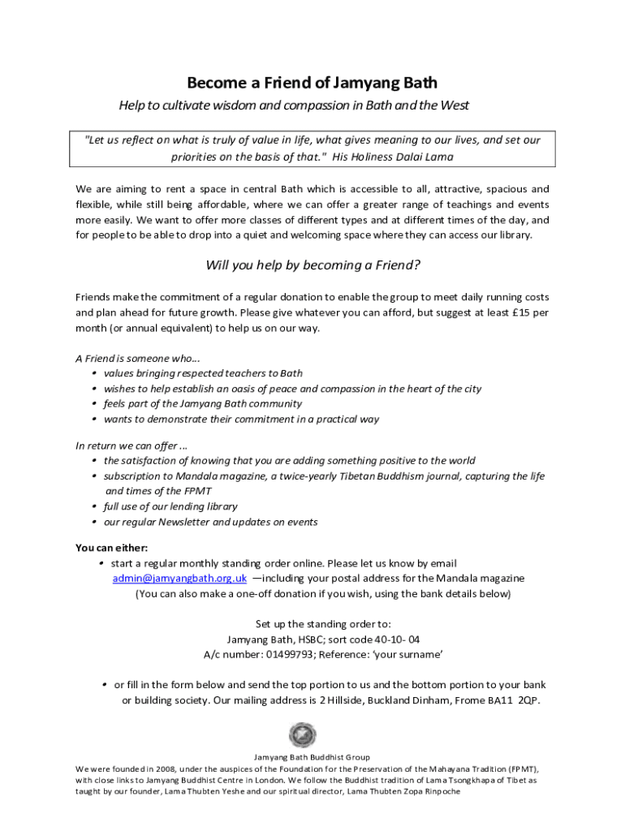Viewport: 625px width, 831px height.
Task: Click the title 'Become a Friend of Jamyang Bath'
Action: tap(312, 83)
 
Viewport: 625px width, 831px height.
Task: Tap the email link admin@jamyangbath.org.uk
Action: tap(179, 579)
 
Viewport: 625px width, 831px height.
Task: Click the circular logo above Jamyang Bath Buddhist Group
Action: tap(302, 736)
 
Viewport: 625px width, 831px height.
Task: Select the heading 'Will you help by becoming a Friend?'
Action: tap(312, 265)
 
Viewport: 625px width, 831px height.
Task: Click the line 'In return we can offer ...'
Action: tap(131, 445)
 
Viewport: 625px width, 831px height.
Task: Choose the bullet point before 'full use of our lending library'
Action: tap(95, 506)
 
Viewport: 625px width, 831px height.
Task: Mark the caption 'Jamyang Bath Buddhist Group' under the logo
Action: tap(312, 757)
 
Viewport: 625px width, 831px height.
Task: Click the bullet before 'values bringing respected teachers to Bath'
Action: tap(95, 373)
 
